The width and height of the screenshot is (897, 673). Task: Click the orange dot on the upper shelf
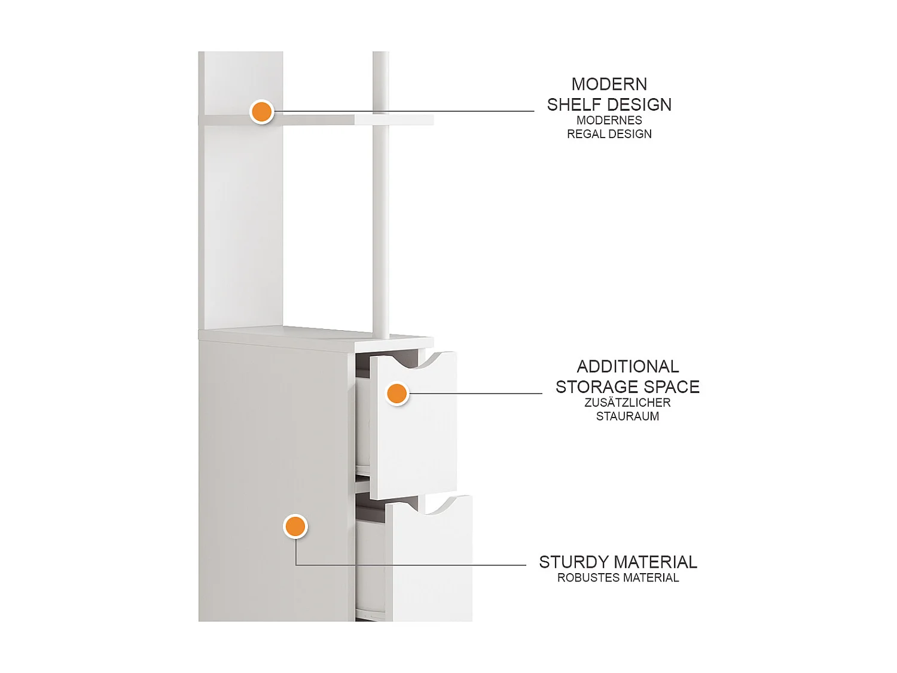[x=261, y=111]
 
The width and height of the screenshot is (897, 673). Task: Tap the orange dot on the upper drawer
[x=397, y=394]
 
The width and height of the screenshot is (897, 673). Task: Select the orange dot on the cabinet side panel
[x=295, y=526]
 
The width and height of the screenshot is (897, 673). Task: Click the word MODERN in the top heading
[x=609, y=84]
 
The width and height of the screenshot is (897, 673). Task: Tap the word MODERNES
[x=609, y=120]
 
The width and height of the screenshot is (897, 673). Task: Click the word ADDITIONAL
[x=628, y=367]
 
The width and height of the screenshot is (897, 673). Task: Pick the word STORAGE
[x=597, y=386]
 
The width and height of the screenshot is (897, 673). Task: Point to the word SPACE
[x=672, y=386]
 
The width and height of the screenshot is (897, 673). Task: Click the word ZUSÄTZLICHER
[x=627, y=403]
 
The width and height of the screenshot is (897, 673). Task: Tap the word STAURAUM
[x=627, y=416]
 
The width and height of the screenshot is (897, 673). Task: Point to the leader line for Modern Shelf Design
[x=403, y=111]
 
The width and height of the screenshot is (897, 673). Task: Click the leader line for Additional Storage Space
[x=475, y=394]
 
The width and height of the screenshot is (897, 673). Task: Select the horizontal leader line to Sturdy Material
[x=411, y=565]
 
